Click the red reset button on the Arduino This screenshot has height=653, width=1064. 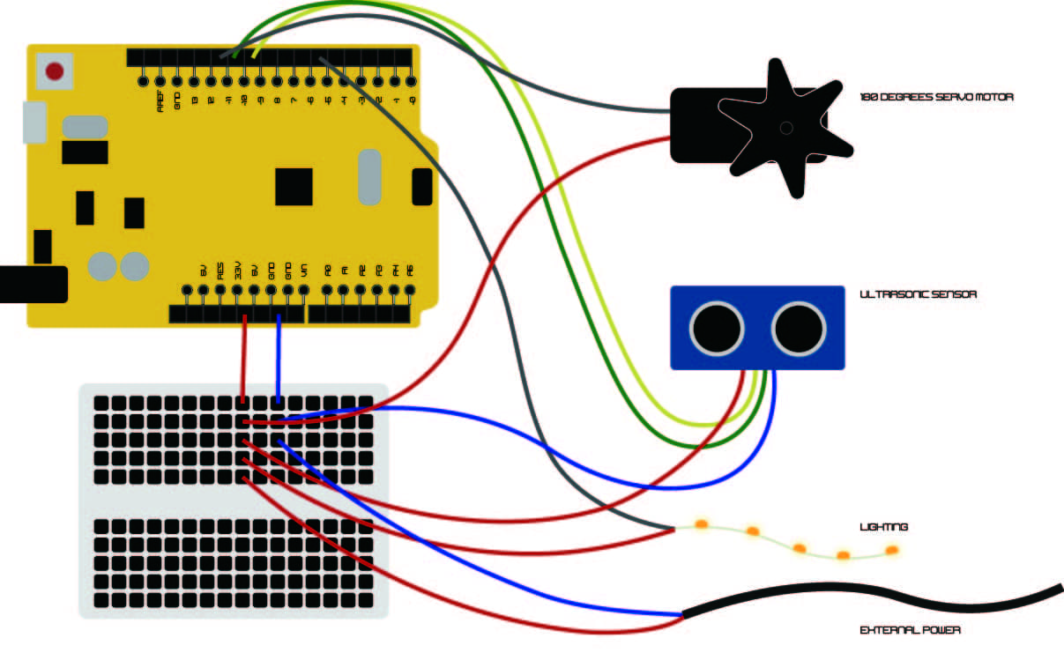(x=55, y=71)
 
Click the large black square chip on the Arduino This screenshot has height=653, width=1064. (x=294, y=187)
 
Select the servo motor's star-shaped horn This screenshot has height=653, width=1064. (x=785, y=128)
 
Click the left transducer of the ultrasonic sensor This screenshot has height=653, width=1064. (x=717, y=328)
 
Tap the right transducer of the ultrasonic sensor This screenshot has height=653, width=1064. (x=800, y=328)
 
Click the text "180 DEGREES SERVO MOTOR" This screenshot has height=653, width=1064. (x=936, y=97)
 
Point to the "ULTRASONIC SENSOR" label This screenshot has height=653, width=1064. (x=918, y=294)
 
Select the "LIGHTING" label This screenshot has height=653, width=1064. (x=883, y=527)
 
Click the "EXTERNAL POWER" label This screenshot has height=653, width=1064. (x=910, y=630)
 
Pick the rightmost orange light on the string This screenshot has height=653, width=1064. (x=891, y=550)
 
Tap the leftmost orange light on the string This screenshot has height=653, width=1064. (x=703, y=524)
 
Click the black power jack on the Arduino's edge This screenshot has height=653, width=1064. (x=33, y=284)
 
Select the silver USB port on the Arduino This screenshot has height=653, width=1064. (x=33, y=122)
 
